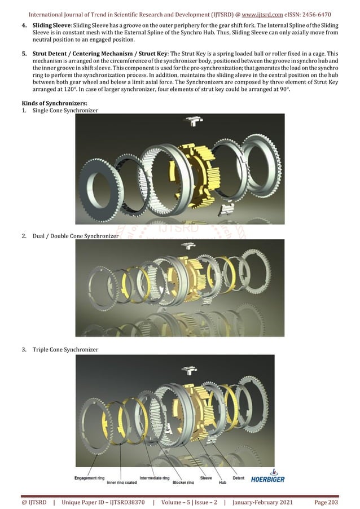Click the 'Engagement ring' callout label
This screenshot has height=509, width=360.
[x=89, y=477]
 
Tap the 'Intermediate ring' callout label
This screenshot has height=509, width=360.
[x=154, y=477]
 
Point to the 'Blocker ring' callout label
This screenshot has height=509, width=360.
[x=183, y=482]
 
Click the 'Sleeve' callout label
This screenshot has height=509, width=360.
[x=206, y=477]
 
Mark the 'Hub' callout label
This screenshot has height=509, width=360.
[x=222, y=482]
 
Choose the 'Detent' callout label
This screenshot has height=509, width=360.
[x=238, y=477]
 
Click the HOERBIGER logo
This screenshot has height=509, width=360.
[x=269, y=477]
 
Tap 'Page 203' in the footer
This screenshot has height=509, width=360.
[x=326, y=501]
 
